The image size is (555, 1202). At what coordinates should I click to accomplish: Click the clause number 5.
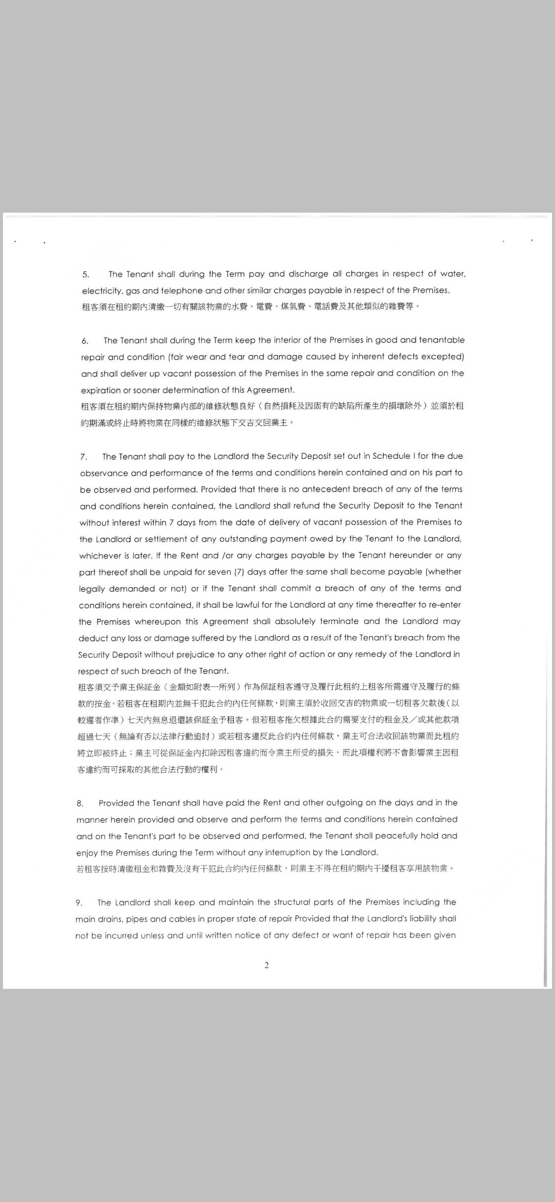86,274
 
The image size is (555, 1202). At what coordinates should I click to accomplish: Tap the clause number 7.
83,457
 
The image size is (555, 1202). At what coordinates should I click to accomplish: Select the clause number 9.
79,902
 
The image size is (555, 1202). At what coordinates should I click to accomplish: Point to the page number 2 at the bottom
267,966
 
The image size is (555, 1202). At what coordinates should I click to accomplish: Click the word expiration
101,390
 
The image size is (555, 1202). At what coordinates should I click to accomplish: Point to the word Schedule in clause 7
391,456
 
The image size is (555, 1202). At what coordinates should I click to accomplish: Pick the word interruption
285,852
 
